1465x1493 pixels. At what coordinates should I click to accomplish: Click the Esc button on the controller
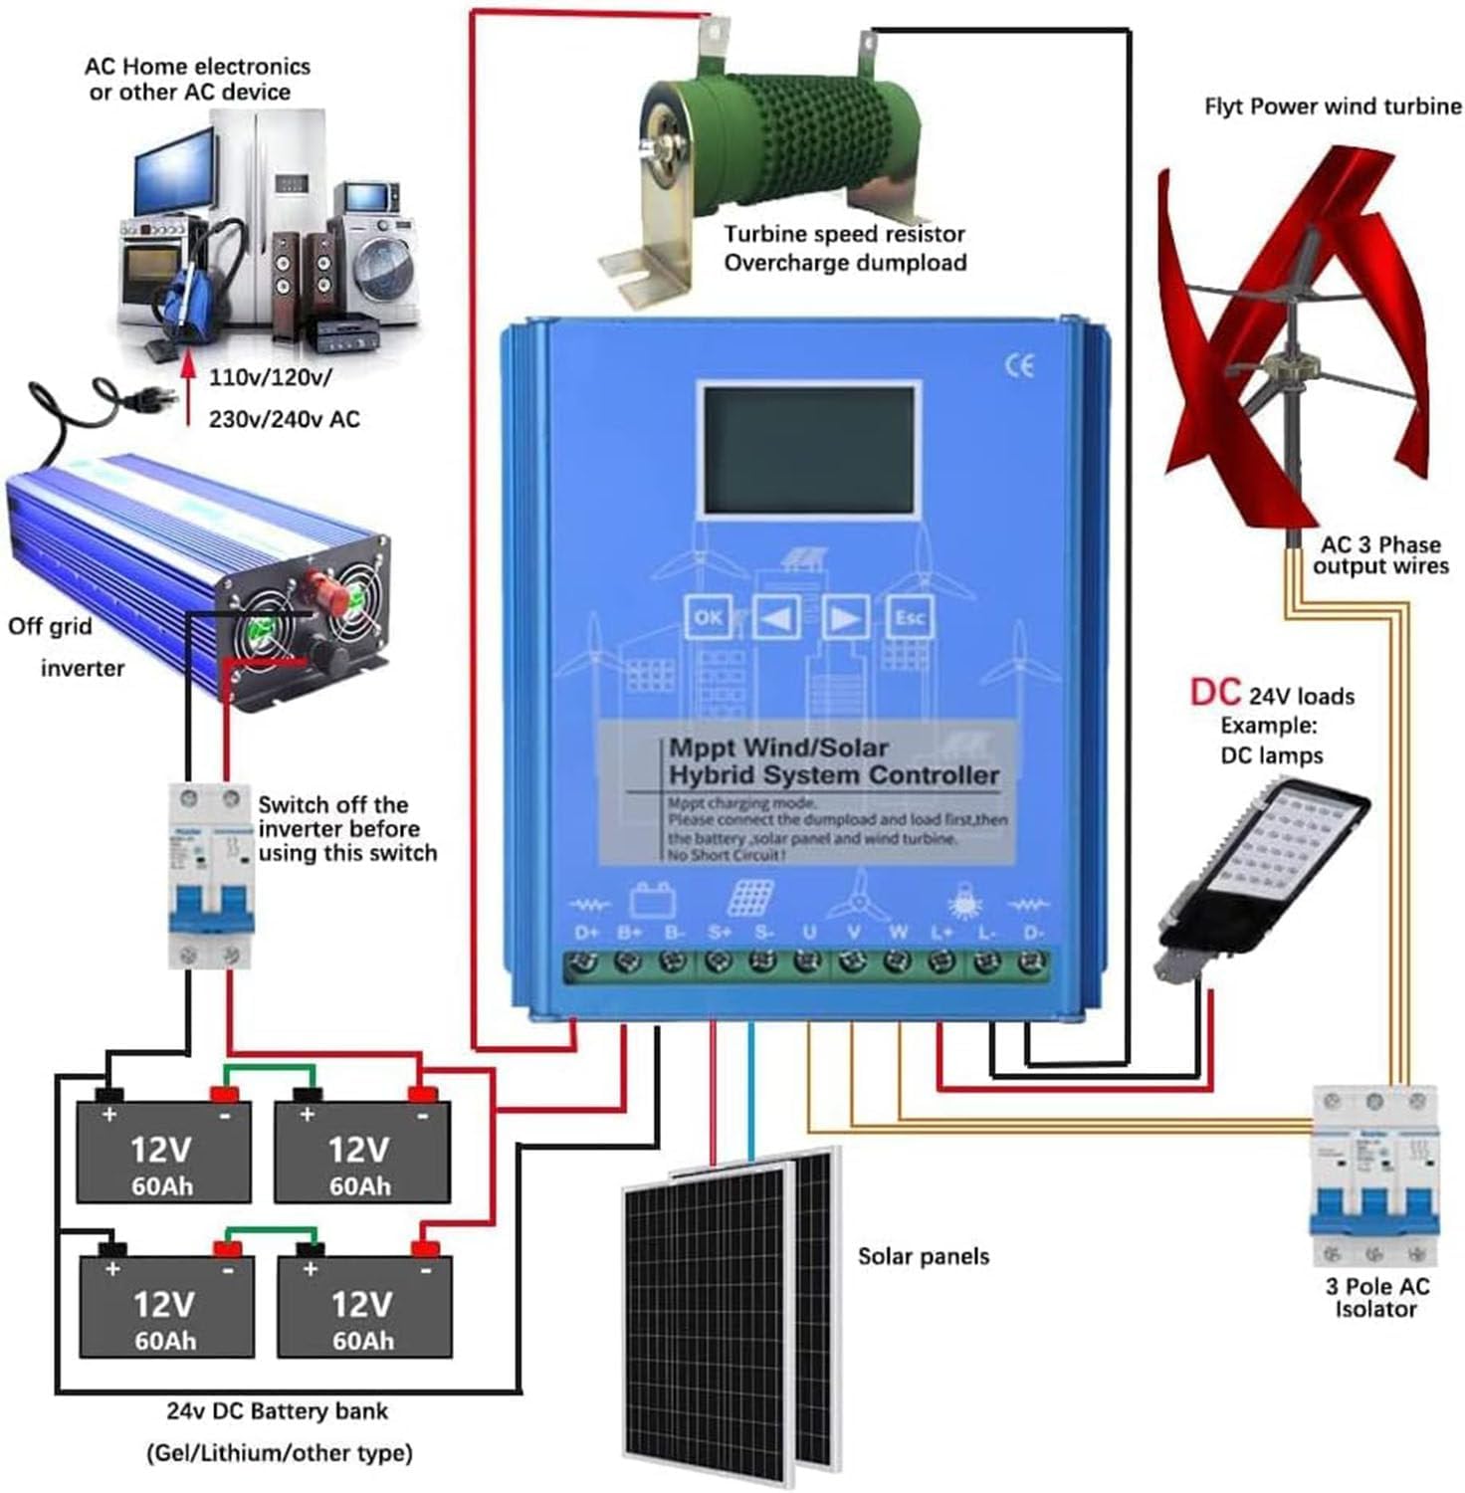[909, 617]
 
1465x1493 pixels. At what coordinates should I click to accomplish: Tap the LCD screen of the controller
[808, 450]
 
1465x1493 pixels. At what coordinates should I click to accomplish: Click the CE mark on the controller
[1019, 365]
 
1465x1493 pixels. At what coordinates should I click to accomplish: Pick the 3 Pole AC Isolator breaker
[1374, 1174]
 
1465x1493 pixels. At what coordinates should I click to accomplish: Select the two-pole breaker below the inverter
[209, 874]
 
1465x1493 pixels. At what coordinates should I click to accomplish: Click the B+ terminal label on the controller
[630, 933]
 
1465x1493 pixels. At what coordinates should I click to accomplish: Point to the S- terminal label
[763, 933]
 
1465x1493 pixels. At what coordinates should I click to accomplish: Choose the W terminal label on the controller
[899, 933]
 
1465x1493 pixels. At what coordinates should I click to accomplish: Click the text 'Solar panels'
[924, 1256]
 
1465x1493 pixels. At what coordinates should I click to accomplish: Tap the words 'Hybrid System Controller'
[833, 775]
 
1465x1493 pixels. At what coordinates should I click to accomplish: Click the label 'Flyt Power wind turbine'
[1332, 107]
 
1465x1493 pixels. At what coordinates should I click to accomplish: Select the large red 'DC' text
[1214, 692]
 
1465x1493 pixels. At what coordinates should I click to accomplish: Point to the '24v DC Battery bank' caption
[277, 1411]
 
